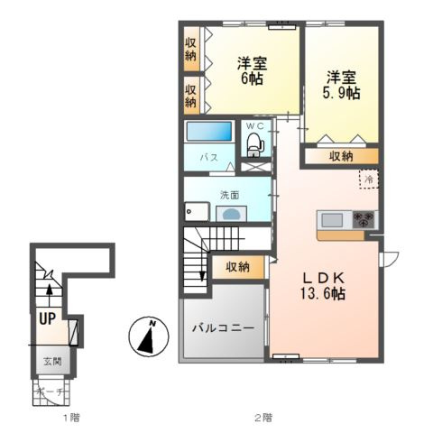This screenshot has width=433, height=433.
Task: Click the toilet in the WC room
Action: [254, 143]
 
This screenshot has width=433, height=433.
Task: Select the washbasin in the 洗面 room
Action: [232, 214]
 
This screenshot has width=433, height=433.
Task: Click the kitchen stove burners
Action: [364, 219]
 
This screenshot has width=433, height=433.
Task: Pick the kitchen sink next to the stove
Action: [331, 219]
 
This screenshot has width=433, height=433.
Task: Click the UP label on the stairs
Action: [46, 317]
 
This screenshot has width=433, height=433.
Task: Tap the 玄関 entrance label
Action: [51, 361]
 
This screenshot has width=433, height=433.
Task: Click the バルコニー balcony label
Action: [222, 327]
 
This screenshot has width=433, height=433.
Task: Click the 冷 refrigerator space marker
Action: [370, 181]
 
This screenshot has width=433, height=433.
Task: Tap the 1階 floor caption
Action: [71, 417]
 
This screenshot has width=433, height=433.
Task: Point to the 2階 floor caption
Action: [263, 417]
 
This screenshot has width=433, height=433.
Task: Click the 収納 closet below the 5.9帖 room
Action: [341, 156]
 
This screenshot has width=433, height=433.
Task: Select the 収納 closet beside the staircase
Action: [238, 267]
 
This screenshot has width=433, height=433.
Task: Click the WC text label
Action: [254, 125]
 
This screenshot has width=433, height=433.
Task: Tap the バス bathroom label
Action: [208, 157]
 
